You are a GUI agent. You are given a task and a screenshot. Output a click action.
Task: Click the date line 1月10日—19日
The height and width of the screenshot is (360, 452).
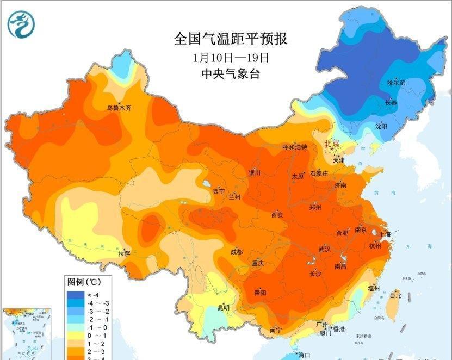(x=231, y=57)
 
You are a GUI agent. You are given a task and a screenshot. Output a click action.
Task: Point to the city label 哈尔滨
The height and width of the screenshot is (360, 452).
(x=396, y=83)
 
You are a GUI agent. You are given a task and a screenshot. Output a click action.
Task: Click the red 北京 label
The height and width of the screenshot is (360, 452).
(x=332, y=144)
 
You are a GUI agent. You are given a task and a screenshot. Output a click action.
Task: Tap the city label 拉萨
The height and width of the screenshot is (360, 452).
(x=124, y=253)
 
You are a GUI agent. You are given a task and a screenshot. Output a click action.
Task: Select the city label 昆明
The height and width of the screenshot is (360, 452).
(x=224, y=308)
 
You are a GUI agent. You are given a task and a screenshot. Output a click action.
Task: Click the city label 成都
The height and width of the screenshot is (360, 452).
(x=236, y=252)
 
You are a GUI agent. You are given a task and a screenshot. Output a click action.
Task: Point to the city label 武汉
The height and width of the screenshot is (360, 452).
(x=325, y=249)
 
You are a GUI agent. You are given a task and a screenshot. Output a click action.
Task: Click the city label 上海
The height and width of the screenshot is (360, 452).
(x=385, y=235)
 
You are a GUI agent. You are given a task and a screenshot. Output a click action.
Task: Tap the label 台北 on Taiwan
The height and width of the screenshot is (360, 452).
(x=395, y=296)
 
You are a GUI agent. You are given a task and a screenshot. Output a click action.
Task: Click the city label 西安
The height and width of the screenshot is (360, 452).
(x=277, y=215)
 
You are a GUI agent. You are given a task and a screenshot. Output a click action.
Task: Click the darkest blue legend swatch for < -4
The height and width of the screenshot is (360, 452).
(x=74, y=294)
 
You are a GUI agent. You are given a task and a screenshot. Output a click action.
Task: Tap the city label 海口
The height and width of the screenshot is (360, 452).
(x=304, y=355)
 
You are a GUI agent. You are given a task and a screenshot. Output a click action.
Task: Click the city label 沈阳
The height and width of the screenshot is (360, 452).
(x=381, y=126)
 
